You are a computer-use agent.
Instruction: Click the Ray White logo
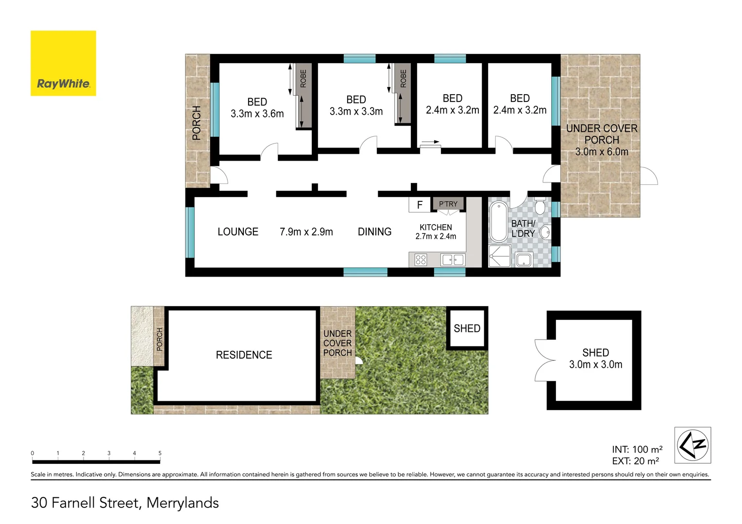pos(63,63)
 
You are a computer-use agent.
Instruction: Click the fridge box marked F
pos(420,205)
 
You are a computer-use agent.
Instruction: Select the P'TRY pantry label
pos(448,204)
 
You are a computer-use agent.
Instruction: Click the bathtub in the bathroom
pos(498,222)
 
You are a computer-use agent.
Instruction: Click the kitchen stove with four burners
pos(421,260)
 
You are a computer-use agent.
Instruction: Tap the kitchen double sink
pos(453,260)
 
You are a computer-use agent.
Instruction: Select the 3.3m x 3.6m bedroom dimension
pos(257,114)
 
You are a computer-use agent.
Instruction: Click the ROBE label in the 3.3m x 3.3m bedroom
pos(403,79)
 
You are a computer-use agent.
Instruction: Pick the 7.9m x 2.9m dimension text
pos(306,232)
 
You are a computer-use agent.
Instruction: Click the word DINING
pos(374,232)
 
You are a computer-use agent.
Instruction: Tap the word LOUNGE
pos(238,232)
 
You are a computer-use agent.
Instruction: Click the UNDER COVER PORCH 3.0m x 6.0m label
pos(602,140)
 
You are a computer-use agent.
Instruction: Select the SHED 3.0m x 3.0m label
pos(595,359)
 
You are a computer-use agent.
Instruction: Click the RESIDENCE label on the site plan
pos(244,355)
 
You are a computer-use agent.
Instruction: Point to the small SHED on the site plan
pos(467,328)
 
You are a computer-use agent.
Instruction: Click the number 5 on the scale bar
pos(160,453)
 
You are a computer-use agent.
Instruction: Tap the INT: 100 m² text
pos(637,449)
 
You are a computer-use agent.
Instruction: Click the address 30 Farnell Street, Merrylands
pos(125,503)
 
